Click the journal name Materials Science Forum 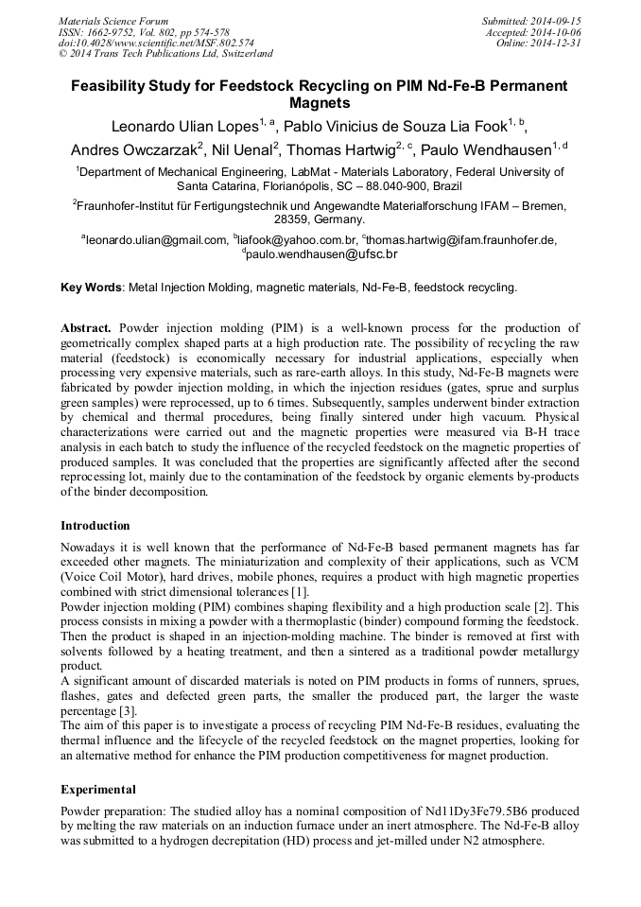pyautogui.click(x=113, y=21)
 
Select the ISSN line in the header pyautogui.click(x=144, y=32)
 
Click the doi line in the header pyautogui.click(x=156, y=44)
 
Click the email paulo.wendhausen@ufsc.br pyautogui.click(x=322, y=254)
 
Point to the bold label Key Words pyautogui.click(x=91, y=287)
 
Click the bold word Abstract pyautogui.click(x=86, y=328)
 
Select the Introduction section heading pyautogui.click(x=95, y=525)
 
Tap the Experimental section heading pyautogui.click(x=98, y=789)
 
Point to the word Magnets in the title pyautogui.click(x=320, y=103)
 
